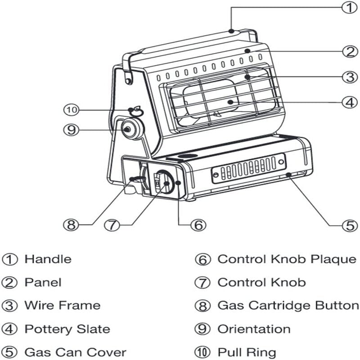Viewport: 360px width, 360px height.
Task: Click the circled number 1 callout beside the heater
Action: pyautogui.click(x=348, y=8)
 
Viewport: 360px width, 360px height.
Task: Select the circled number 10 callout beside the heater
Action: pyautogui.click(x=71, y=109)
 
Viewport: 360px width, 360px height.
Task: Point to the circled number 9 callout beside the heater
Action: pyautogui.click(x=71, y=130)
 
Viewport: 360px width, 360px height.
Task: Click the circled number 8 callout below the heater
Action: pyautogui.click(x=71, y=224)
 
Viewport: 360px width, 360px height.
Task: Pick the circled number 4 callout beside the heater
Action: pyautogui.click(x=348, y=102)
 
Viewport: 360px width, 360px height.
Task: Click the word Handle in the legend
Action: pyautogui.click(x=48, y=259)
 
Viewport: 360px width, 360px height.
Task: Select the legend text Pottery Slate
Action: pyautogui.click(x=67, y=329)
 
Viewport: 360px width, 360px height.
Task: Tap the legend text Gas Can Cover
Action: pyautogui.click(x=75, y=352)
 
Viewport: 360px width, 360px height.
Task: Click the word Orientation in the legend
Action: pyautogui.click(x=254, y=329)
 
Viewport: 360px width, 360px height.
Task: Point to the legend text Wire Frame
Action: pyautogui.click(x=62, y=306)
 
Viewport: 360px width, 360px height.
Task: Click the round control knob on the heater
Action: pyautogui.click(x=166, y=182)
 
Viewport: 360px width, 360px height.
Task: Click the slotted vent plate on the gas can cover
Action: pyautogui.click(x=249, y=168)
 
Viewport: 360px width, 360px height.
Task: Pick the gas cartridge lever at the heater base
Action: pyautogui.click(x=135, y=180)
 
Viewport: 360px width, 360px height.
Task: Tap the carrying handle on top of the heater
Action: pyautogui.click(x=189, y=42)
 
